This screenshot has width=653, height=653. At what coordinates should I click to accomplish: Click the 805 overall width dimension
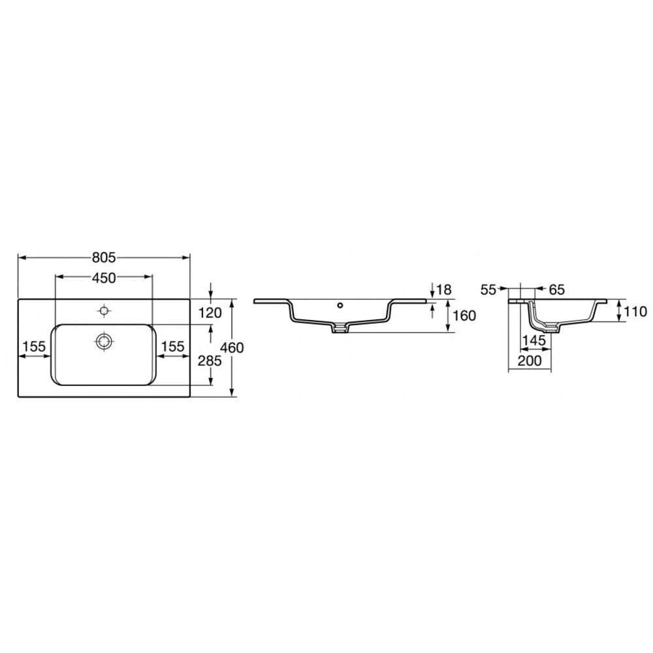(x=104, y=258)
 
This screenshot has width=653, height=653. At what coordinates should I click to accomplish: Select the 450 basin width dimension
(x=104, y=278)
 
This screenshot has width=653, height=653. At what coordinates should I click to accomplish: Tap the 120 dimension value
(x=210, y=312)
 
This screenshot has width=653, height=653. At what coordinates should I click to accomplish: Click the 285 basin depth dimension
(x=210, y=360)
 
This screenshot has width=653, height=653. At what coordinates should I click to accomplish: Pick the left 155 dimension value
(x=34, y=346)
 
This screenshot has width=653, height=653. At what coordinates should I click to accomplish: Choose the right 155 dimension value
(x=173, y=346)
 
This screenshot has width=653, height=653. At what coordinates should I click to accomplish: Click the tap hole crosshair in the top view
(x=103, y=310)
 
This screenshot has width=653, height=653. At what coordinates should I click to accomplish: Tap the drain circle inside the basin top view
(x=103, y=341)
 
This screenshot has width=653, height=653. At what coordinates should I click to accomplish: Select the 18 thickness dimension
(x=444, y=289)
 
